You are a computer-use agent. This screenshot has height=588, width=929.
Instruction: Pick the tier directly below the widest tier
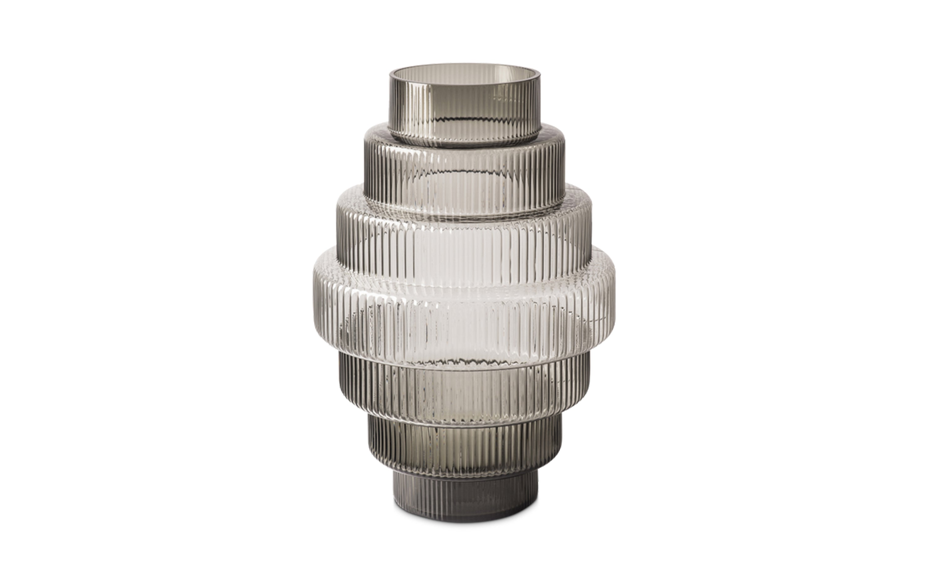(x=464, y=389)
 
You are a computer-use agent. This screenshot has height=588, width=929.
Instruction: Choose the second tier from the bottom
(x=464, y=447)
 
